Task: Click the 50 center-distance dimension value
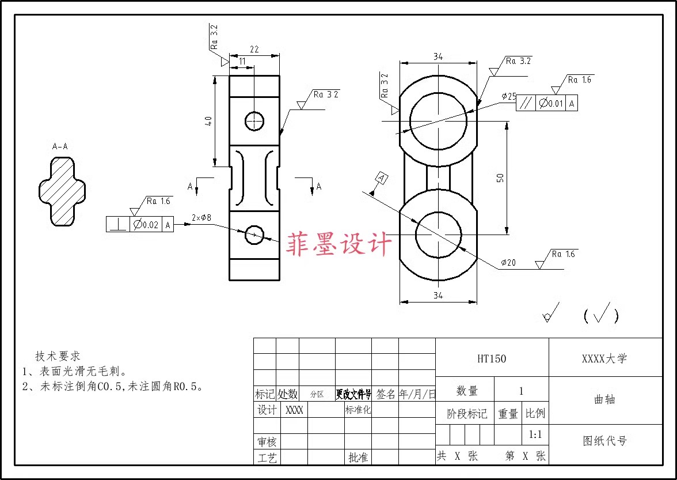click(x=500, y=178)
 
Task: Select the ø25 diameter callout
click(x=508, y=97)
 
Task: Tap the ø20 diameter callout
click(x=508, y=263)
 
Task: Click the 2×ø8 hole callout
click(x=201, y=218)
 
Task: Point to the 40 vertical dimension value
click(x=208, y=121)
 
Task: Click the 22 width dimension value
click(x=254, y=50)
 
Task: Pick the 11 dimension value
click(x=242, y=61)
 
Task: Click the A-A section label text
click(x=60, y=147)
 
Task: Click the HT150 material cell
click(x=492, y=358)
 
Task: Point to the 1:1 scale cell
click(x=535, y=434)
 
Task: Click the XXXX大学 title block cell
click(x=604, y=358)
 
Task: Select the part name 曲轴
click(x=604, y=400)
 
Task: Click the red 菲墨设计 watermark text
click(x=340, y=244)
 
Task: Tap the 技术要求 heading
click(x=58, y=356)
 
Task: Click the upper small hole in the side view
click(x=254, y=121)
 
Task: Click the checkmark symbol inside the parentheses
click(x=602, y=314)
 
